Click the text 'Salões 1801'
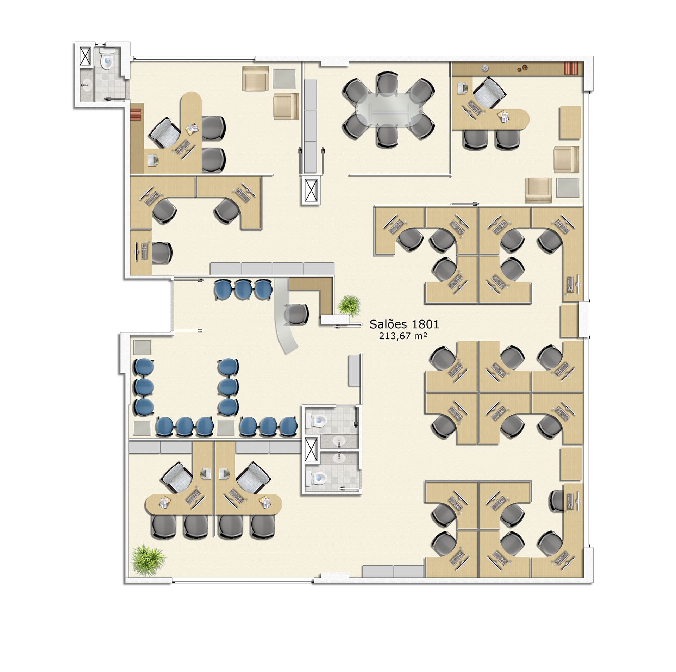(x=404, y=324)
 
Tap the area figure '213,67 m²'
(x=403, y=336)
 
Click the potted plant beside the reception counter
(x=350, y=305)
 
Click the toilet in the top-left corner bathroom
(x=107, y=60)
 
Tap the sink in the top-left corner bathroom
(x=86, y=85)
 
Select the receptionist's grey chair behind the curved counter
(x=295, y=314)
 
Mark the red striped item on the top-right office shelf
(x=571, y=68)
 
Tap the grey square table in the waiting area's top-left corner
(x=142, y=347)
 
